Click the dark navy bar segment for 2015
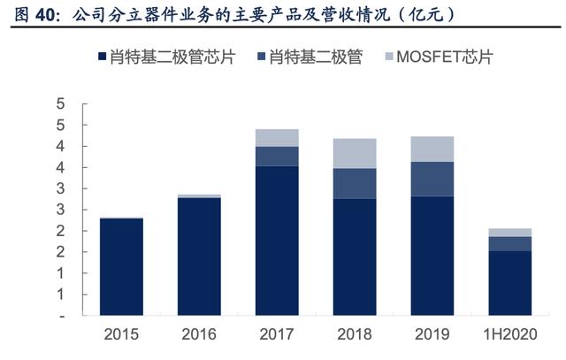(121, 266)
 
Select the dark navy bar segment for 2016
(199, 257)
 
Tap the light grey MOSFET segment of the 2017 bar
(277, 137)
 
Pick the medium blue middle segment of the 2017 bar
(277, 156)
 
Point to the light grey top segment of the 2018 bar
(355, 153)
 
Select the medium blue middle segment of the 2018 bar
(355, 183)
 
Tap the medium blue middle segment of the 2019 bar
(432, 179)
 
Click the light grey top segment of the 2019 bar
(432, 149)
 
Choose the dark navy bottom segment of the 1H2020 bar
(510, 283)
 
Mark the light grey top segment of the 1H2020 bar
(510, 233)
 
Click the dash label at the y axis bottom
(62, 316)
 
